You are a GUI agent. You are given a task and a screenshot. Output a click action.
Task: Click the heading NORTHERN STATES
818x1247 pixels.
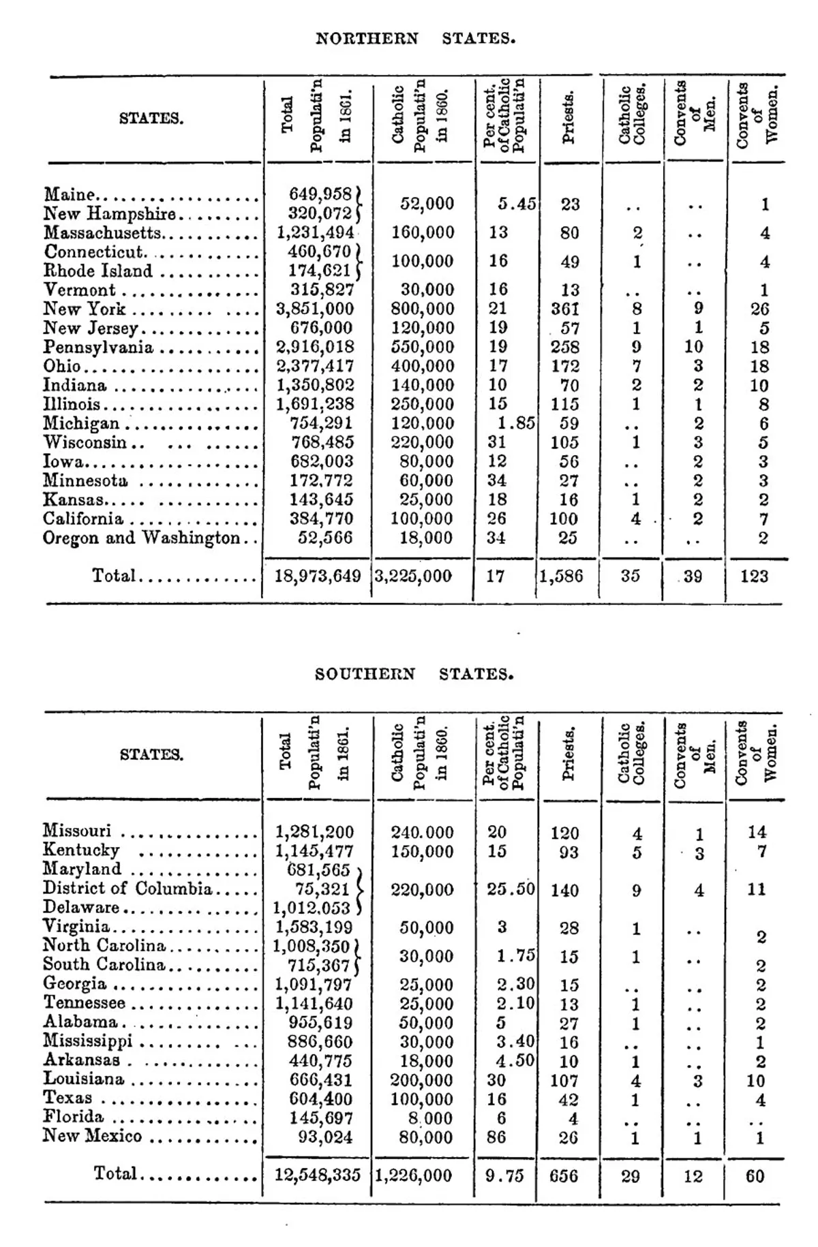click(x=415, y=39)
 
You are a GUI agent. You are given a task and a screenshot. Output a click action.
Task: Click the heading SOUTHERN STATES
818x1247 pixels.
click(x=414, y=675)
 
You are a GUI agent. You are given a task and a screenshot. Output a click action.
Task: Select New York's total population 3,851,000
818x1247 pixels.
click(x=314, y=309)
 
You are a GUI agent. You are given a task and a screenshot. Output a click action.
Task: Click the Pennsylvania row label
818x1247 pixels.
click(x=98, y=348)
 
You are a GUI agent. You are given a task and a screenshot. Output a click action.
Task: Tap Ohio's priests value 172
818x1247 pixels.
click(x=565, y=367)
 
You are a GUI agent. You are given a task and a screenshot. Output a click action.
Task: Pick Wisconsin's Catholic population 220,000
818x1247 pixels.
click(x=423, y=442)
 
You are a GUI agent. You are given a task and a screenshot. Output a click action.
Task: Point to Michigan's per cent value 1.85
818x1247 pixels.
click(x=516, y=423)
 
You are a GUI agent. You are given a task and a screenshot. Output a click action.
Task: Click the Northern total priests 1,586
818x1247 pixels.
click(x=562, y=576)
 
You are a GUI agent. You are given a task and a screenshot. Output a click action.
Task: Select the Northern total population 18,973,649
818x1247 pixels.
click(x=317, y=576)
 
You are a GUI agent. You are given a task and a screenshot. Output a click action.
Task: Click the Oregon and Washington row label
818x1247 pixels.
click(x=141, y=538)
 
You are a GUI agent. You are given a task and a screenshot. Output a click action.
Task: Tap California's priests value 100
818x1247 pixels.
click(x=564, y=519)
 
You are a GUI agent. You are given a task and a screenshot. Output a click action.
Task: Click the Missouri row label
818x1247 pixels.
click(x=77, y=831)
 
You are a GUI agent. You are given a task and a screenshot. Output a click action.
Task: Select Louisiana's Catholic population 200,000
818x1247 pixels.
click(x=421, y=1081)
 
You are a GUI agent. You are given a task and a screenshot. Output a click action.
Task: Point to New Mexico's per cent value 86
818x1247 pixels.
click(x=497, y=1137)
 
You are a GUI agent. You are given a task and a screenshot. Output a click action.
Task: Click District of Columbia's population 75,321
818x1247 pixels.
click(x=322, y=889)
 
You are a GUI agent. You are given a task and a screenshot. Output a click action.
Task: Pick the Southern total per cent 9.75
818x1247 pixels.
click(x=504, y=1176)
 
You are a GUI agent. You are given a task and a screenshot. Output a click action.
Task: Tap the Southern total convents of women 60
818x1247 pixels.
click(x=755, y=1176)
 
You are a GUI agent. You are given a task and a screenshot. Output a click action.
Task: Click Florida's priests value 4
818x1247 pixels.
click(x=573, y=1119)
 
